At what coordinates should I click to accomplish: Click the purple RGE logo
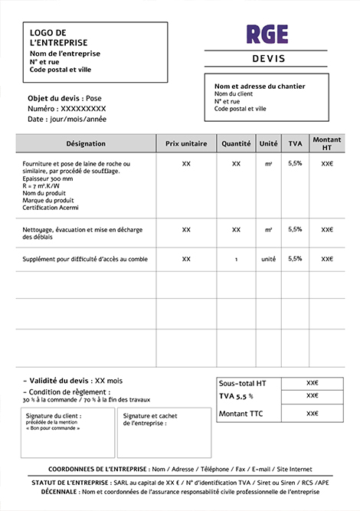click(x=267, y=34)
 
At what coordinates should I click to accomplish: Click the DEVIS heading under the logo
click(x=267, y=59)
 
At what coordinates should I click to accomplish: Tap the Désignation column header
click(x=86, y=143)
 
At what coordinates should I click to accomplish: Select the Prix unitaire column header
click(x=186, y=143)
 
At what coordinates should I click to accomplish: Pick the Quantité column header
click(x=236, y=143)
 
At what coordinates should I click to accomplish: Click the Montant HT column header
click(x=327, y=143)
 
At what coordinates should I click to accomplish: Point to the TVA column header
click(x=295, y=143)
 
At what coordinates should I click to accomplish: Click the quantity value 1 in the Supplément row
click(x=236, y=260)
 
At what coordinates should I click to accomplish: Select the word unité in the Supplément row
click(x=268, y=259)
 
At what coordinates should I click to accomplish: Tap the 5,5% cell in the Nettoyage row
click(x=295, y=229)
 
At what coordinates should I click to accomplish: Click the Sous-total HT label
click(x=243, y=383)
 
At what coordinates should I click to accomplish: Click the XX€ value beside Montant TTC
click(x=312, y=414)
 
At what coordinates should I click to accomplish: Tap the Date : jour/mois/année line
click(x=67, y=120)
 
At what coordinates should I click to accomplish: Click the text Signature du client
click(x=54, y=415)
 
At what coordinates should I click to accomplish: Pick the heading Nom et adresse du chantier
click(x=260, y=87)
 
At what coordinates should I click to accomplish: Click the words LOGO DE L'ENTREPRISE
click(x=58, y=38)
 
